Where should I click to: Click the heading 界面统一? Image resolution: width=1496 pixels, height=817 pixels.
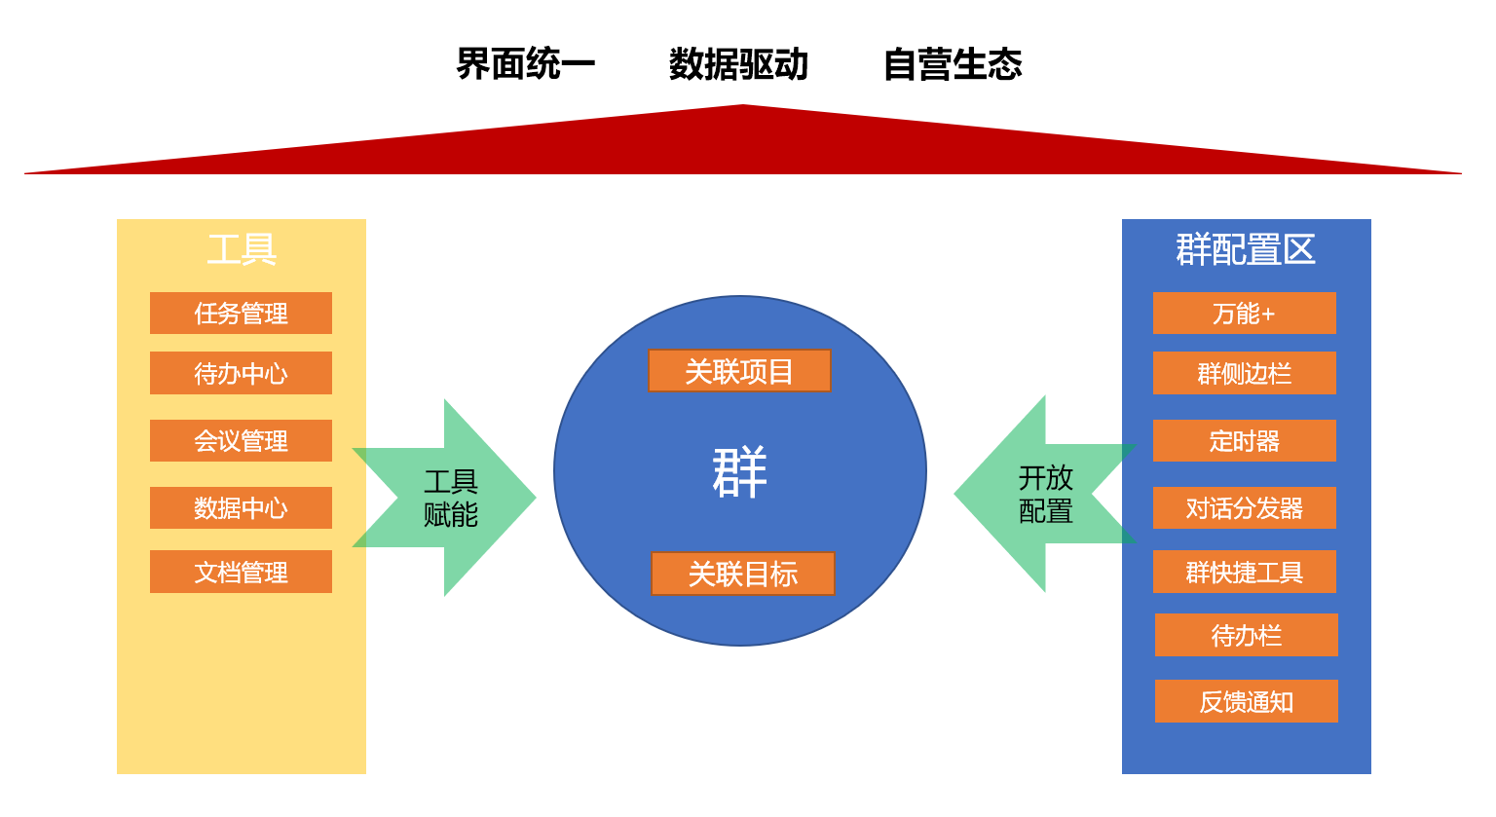point(525,64)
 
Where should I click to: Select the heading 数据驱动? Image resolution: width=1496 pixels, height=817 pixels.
point(738,64)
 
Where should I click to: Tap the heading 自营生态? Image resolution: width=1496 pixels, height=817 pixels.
point(953,64)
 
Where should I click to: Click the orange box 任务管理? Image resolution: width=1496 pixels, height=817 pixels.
point(241,314)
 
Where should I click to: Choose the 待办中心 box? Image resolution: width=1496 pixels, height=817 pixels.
point(241,373)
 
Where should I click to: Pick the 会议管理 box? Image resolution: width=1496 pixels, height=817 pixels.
point(241,441)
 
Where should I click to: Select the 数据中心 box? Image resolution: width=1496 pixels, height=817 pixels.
point(241,508)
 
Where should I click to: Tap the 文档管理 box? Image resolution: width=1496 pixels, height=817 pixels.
point(241,572)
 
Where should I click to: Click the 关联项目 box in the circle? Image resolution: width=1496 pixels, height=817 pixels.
point(739,371)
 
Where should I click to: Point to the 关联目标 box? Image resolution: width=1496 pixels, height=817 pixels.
point(742,574)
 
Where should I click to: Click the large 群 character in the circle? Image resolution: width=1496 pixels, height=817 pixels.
point(740,472)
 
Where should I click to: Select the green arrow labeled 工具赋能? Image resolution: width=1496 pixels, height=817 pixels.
point(451,498)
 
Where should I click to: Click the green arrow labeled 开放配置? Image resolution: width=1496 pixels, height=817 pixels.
point(1044,494)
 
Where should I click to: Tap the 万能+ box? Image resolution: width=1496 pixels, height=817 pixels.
point(1244,314)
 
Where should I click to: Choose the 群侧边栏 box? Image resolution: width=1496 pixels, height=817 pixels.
point(1244,373)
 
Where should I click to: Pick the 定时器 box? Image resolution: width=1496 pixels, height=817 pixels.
point(1244,441)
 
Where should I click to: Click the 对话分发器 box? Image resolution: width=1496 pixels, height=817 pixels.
point(1244,508)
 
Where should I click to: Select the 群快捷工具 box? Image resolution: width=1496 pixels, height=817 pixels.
point(1244,572)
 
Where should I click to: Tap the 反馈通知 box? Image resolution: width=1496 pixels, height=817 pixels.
point(1246,701)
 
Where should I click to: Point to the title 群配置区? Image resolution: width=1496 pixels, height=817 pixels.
point(1246,249)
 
